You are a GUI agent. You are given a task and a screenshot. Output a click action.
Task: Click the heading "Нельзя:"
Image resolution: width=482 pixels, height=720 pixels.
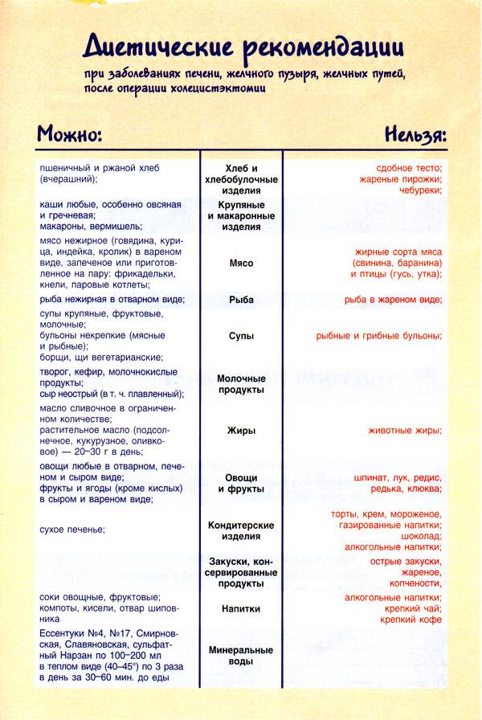click(415, 133)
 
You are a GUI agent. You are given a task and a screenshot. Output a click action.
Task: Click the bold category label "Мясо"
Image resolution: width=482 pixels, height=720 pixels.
click(241, 264)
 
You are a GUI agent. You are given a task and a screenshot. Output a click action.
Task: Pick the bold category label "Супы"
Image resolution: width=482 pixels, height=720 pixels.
click(241, 336)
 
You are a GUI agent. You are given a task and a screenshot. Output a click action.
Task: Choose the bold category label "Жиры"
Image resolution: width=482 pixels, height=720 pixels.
click(241, 431)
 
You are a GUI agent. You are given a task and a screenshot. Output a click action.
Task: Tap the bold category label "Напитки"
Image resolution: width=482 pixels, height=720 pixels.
click(241, 609)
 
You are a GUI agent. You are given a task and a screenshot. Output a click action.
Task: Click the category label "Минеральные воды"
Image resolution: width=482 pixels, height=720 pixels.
click(241, 655)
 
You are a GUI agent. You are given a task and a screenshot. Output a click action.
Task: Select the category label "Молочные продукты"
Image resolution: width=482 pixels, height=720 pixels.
click(241, 383)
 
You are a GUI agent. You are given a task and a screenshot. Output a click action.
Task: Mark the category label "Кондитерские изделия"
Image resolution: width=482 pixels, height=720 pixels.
click(241, 531)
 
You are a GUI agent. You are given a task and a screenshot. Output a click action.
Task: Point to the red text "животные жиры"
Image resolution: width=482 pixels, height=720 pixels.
click(404, 431)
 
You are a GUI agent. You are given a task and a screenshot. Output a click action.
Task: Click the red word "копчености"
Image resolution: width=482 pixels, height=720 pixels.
click(415, 583)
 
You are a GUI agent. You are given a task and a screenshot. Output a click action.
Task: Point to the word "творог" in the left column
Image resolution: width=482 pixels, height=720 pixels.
click(53, 372)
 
